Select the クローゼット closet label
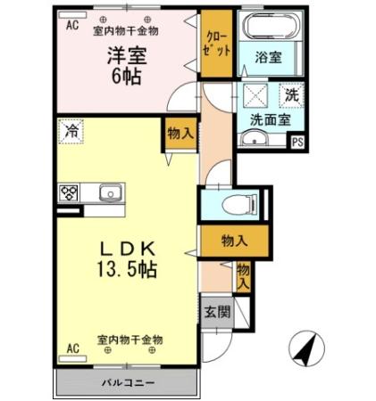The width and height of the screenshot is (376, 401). pyautogui.click(x=215, y=44)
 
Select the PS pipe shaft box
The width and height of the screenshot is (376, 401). pyautogui.click(x=297, y=140)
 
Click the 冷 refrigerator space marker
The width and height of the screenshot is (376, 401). pyautogui.click(x=71, y=131)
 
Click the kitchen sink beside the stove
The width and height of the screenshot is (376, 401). pyautogui.click(x=110, y=192)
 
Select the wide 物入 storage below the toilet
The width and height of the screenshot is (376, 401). pyautogui.click(x=234, y=240)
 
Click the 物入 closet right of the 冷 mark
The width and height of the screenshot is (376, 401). pyautogui.click(x=180, y=133)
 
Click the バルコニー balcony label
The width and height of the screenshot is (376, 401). pyautogui.click(x=127, y=383)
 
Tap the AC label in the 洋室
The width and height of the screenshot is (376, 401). pyautogui.click(x=71, y=26)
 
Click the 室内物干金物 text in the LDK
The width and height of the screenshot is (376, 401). pyautogui.click(x=130, y=340)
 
